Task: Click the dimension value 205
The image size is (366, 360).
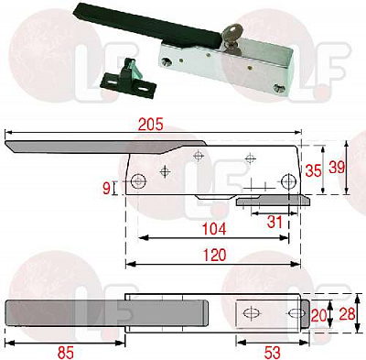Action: (x=151, y=125)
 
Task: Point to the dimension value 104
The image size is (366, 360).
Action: (x=214, y=229)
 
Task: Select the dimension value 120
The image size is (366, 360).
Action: (x=214, y=255)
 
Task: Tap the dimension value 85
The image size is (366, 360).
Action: (x=66, y=353)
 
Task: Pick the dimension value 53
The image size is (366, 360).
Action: (x=272, y=353)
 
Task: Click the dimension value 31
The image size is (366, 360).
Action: (x=274, y=222)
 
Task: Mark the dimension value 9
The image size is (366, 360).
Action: (x=106, y=189)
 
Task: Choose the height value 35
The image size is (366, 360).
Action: (x=314, y=171)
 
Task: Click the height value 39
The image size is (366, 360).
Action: (x=337, y=168)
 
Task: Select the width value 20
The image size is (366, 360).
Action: (x=319, y=316)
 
